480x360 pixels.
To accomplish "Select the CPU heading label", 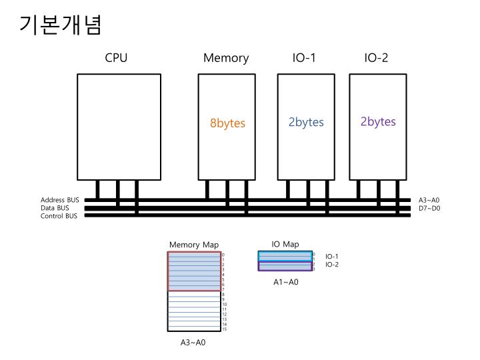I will pos(116,58).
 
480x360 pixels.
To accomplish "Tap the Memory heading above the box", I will pos(226,58).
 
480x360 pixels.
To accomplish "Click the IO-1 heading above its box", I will pos(304,58).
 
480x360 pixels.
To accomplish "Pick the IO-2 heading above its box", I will pos(376,58).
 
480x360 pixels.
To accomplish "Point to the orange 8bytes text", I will pos(227,123).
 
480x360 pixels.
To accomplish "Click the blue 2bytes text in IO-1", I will pos(306,122).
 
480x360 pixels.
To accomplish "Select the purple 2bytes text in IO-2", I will pos(378,121).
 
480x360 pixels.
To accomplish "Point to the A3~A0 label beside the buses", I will pos(429,200).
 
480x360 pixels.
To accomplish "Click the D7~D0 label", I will pos(429,208).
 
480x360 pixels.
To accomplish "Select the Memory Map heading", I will pos(193,245).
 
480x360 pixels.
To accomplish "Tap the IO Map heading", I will pos(285,244).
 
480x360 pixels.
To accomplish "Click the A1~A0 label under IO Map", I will pos(286,283).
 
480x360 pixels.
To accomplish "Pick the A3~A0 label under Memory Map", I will pos(193,343).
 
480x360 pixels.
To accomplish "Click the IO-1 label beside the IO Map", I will pos(332,256).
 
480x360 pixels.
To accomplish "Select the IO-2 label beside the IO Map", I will pos(332,265).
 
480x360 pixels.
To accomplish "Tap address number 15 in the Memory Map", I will pos(225,329).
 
